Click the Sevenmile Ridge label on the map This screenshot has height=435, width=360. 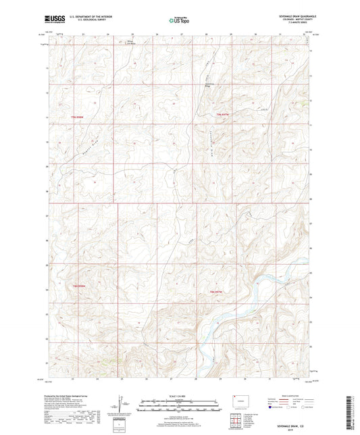(x=209, y=85)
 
